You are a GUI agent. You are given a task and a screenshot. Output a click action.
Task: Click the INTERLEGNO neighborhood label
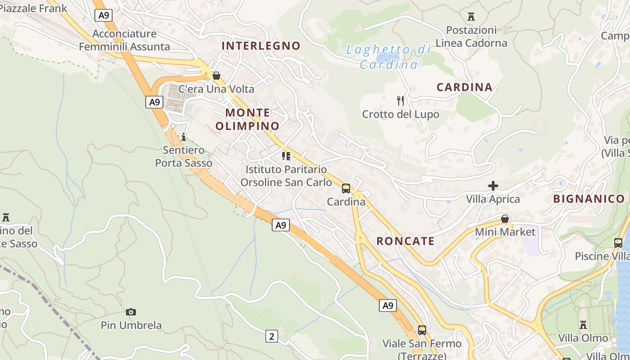click(261, 45)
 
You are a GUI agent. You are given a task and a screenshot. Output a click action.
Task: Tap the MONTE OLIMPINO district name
click(247, 119)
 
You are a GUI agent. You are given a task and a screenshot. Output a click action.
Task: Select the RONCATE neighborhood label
click(405, 241)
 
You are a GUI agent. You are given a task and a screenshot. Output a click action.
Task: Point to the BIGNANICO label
click(589, 199)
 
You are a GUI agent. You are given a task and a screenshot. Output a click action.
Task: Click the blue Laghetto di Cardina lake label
click(388, 57)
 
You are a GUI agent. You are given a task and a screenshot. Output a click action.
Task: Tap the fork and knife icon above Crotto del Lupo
click(400, 100)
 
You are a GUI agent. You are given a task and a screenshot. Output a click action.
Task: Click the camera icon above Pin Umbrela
click(131, 312)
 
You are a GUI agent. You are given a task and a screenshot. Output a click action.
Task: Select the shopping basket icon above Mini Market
click(505, 219)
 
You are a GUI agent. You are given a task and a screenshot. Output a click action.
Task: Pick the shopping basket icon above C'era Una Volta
click(216, 76)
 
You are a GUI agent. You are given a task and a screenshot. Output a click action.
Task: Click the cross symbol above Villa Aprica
click(493, 185)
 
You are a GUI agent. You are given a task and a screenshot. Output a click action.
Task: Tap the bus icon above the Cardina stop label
click(346, 189)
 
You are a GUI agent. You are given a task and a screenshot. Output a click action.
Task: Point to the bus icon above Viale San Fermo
click(422, 330)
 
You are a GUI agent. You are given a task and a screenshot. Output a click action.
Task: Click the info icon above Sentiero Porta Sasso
click(183, 137)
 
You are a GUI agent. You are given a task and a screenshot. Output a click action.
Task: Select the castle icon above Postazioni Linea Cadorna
click(471, 17)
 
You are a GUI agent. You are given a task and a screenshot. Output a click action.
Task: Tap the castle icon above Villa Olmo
click(583, 324)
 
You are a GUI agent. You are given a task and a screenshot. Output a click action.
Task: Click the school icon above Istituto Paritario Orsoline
click(286, 156)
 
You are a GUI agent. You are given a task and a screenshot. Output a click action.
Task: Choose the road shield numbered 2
click(271, 336)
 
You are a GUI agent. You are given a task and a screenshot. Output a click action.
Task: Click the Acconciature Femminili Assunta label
click(125, 40)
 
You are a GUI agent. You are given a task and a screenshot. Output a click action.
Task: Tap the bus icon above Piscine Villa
click(618, 243)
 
